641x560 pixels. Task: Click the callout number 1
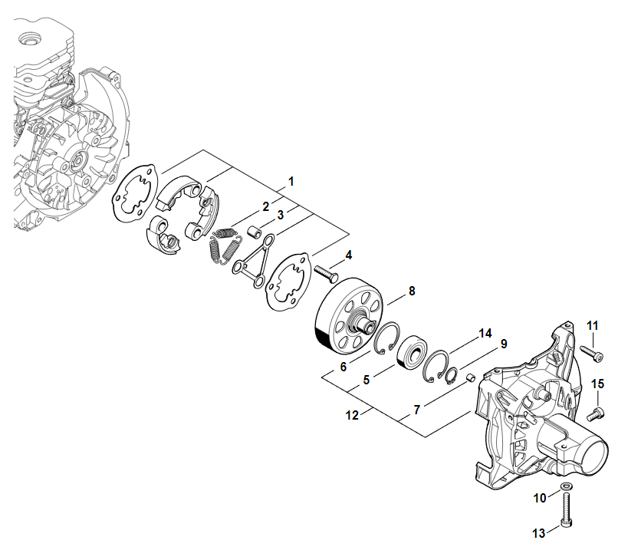point(291,181)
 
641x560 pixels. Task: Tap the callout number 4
point(349,255)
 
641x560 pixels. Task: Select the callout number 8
point(412,291)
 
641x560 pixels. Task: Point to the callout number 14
point(485,334)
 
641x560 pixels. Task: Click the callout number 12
point(352,416)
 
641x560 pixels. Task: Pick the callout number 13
point(539,533)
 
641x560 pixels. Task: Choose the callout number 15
point(597,384)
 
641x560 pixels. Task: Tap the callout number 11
point(593,325)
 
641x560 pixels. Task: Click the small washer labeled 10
point(566,486)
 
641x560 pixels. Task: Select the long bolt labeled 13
point(566,509)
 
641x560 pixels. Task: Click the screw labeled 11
point(591,354)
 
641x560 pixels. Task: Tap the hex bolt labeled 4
point(326,274)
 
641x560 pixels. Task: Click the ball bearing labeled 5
point(412,352)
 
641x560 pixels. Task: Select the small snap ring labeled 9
point(452,377)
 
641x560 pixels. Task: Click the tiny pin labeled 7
point(471,377)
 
